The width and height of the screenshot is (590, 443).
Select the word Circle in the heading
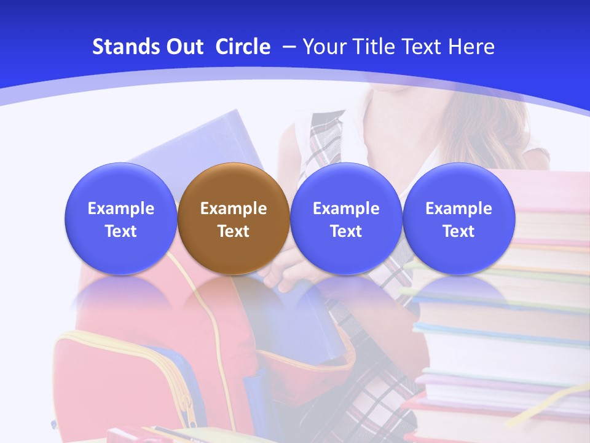[x=243, y=47]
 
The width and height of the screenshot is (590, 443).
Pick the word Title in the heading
[x=375, y=47]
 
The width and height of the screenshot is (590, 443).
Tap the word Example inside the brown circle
[x=234, y=209]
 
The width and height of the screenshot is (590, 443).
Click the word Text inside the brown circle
[x=234, y=231]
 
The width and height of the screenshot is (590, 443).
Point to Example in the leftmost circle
[x=120, y=209]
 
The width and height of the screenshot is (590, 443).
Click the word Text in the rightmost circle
[x=458, y=231]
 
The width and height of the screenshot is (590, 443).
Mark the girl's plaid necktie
[x=324, y=142]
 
